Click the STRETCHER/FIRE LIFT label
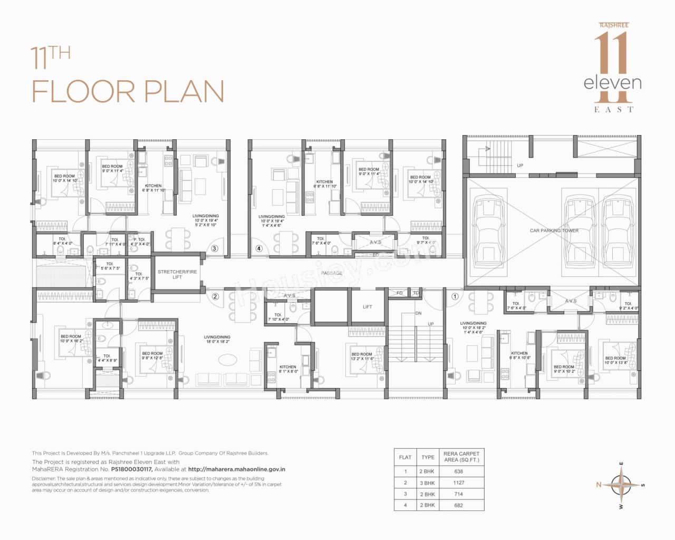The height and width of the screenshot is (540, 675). coord(177,274)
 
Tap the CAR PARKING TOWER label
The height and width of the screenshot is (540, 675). coord(554,230)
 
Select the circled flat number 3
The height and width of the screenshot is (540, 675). coord(214,248)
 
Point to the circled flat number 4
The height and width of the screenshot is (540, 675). coord(259,248)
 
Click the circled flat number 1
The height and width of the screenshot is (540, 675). coord(455,296)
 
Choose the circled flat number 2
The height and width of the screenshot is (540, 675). coord(215,296)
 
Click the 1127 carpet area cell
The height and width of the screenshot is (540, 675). coord(458,483)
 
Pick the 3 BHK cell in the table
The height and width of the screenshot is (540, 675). coord(427,483)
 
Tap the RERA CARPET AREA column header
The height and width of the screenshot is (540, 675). coord(461,457)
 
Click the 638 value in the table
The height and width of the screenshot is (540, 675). coord(458,471)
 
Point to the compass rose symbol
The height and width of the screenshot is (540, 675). coord(622,484)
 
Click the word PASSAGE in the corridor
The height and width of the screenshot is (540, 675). coord(332,273)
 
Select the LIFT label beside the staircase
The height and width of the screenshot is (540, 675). coord(368,306)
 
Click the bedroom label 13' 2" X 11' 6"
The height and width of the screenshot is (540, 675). coord(362,356)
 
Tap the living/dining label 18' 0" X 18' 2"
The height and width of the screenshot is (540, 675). coord(218,340)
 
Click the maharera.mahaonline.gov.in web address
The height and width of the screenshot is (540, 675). coord(237,469)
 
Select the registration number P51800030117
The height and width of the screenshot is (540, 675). coord(131,469)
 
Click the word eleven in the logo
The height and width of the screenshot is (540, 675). coord(612,83)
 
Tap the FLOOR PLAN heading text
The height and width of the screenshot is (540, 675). coord(128,91)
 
